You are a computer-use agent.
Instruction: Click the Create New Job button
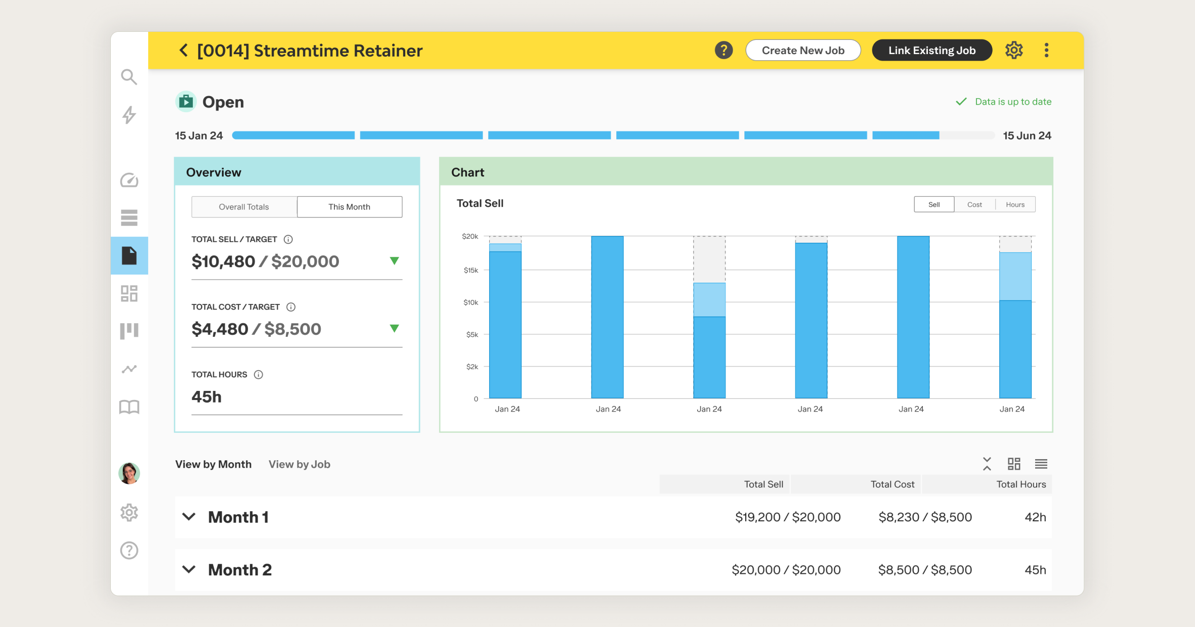coord(803,51)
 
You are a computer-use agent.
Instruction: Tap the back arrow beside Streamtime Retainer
coord(184,51)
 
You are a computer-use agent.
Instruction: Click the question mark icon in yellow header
coord(723,51)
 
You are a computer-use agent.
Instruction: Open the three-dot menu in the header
coord(1046,51)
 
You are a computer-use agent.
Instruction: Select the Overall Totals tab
coord(244,207)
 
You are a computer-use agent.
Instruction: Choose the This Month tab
coord(349,207)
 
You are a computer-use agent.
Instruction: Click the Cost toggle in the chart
coord(974,205)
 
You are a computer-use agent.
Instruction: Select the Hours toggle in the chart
coord(1015,205)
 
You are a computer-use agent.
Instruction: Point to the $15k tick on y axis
coord(471,271)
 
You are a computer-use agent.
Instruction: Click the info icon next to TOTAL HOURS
coord(259,375)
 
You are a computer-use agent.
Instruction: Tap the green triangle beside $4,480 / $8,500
coord(394,329)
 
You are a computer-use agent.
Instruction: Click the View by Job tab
coord(299,464)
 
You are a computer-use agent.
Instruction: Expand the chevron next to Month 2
coord(189,569)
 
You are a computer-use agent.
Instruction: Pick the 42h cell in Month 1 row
coord(1035,517)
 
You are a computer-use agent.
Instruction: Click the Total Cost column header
coord(892,484)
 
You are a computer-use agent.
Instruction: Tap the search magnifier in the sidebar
coord(129,77)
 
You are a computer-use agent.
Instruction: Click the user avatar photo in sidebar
coord(129,473)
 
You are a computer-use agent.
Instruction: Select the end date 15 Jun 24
coord(1027,136)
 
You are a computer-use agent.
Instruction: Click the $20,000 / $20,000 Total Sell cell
coord(786,570)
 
